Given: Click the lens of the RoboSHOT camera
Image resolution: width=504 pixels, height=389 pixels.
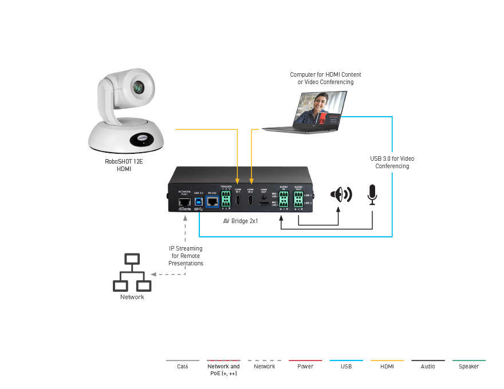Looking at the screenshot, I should (138, 88).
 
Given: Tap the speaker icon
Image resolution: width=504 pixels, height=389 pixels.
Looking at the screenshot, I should (340, 194).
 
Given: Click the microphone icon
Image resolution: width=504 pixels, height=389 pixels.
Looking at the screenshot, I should (373, 194).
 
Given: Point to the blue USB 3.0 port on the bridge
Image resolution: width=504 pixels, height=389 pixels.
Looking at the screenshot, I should (199, 201).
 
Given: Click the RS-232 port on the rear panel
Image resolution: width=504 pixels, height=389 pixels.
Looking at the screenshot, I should (211, 201).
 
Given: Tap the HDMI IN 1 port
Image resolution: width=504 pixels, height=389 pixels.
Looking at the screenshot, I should (238, 200).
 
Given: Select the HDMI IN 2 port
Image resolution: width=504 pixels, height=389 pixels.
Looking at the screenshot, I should (251, 200).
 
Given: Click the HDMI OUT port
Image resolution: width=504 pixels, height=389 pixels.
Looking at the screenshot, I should (263, 203).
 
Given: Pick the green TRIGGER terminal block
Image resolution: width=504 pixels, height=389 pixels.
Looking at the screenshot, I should (225, 200).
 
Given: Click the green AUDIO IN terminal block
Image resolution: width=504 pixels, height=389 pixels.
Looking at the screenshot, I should (283, 200).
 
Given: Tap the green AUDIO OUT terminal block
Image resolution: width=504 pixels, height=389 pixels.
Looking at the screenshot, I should (298, 200).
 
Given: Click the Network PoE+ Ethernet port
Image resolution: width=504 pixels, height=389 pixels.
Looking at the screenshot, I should (184, 201).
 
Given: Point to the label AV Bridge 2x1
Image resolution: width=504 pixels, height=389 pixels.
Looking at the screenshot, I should (241, 220).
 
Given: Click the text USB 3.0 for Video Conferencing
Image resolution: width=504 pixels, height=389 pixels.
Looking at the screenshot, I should (392, 162).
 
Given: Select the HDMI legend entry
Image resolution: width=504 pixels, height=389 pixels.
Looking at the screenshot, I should (387, 366).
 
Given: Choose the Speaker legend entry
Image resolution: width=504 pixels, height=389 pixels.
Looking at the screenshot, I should (468, 366).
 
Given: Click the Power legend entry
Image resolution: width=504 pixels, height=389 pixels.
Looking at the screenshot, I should (305, 366).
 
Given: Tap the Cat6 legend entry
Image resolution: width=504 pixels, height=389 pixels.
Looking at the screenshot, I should (183, 366).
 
